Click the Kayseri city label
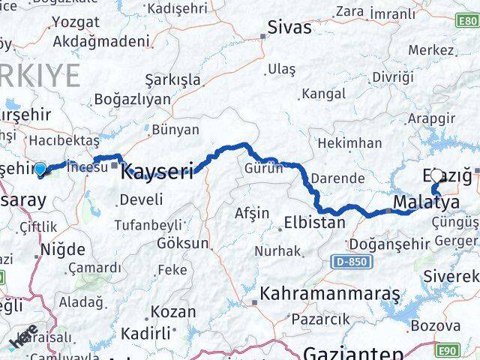157,171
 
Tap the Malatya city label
426,202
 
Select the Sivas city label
289,28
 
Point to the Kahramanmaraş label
330,293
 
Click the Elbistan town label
315,223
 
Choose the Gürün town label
263,169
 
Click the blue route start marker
40,169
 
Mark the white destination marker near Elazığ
436,175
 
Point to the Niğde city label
62,250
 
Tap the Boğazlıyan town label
132,100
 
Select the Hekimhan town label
349,142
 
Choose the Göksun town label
183,244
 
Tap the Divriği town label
393,77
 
